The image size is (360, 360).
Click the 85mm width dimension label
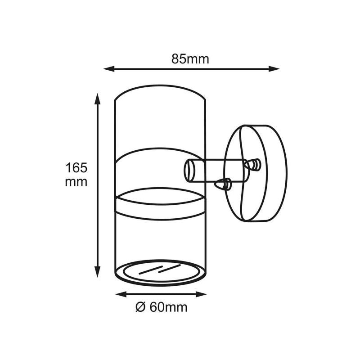point(190,59)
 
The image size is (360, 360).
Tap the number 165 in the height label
point(76,168)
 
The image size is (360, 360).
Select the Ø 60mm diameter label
point(161,307)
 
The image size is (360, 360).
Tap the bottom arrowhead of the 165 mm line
point(97,273)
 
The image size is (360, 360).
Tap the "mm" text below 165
point(76,182)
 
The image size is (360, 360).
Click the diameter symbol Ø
point(139,307)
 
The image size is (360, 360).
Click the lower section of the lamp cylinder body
point(161,238)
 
